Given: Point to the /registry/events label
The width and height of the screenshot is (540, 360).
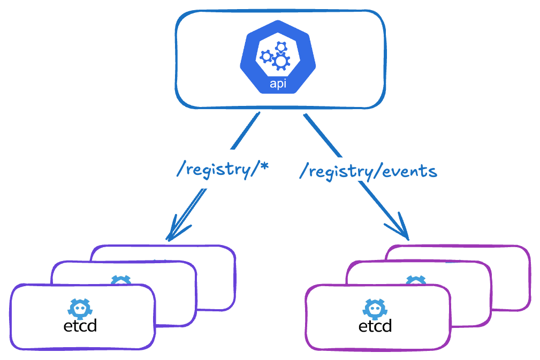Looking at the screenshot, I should pos(368,171).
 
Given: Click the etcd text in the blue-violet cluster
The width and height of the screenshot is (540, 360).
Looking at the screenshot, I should pos(80,325).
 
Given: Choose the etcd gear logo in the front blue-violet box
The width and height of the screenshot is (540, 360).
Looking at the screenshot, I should pos(80,308).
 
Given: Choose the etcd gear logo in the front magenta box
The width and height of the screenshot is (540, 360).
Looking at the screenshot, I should pos(375,308).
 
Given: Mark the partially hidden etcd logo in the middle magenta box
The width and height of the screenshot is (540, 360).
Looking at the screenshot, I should pos(416,280).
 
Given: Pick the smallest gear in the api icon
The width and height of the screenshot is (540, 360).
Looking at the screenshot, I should pos(280,48).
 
